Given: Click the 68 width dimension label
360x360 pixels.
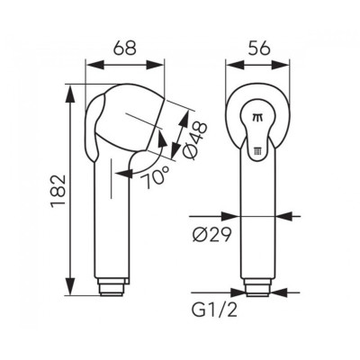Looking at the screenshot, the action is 125,48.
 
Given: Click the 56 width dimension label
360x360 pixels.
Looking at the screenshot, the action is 258,48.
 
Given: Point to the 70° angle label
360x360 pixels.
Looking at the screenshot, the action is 156,177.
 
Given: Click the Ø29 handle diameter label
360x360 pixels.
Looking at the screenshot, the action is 211,234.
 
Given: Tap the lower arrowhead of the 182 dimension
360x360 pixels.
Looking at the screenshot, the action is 70,286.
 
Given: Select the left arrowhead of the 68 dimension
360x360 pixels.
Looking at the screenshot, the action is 94,65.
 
